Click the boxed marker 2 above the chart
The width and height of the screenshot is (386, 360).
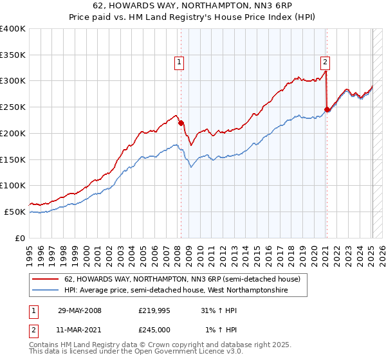pos(326,62)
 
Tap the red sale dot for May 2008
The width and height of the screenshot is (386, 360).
pos(181,123)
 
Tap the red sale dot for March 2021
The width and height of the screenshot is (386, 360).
pos(327,110)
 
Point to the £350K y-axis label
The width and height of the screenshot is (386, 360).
pos(13,55)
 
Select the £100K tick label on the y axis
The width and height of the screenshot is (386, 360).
pos(13,186)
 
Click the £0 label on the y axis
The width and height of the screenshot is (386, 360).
pos(20,238)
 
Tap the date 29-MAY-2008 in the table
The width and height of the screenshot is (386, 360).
pos(80,310)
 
